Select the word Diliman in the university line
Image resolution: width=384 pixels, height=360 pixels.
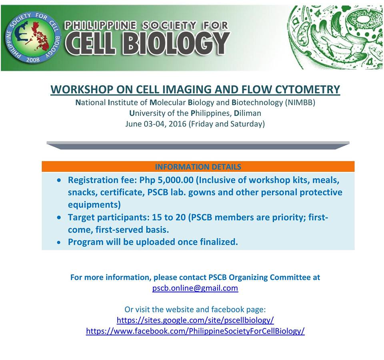248,113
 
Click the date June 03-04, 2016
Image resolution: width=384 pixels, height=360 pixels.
156,124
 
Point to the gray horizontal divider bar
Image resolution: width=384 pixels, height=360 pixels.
198,145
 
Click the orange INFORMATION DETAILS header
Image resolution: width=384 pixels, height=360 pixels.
198,167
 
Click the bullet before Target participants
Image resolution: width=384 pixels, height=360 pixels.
60,218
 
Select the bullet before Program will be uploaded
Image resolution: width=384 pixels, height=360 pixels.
60,243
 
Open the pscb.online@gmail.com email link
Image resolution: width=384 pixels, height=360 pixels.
195,288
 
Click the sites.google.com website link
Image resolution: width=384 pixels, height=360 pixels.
195,320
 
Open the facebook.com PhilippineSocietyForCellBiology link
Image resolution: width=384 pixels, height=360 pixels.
195,331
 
